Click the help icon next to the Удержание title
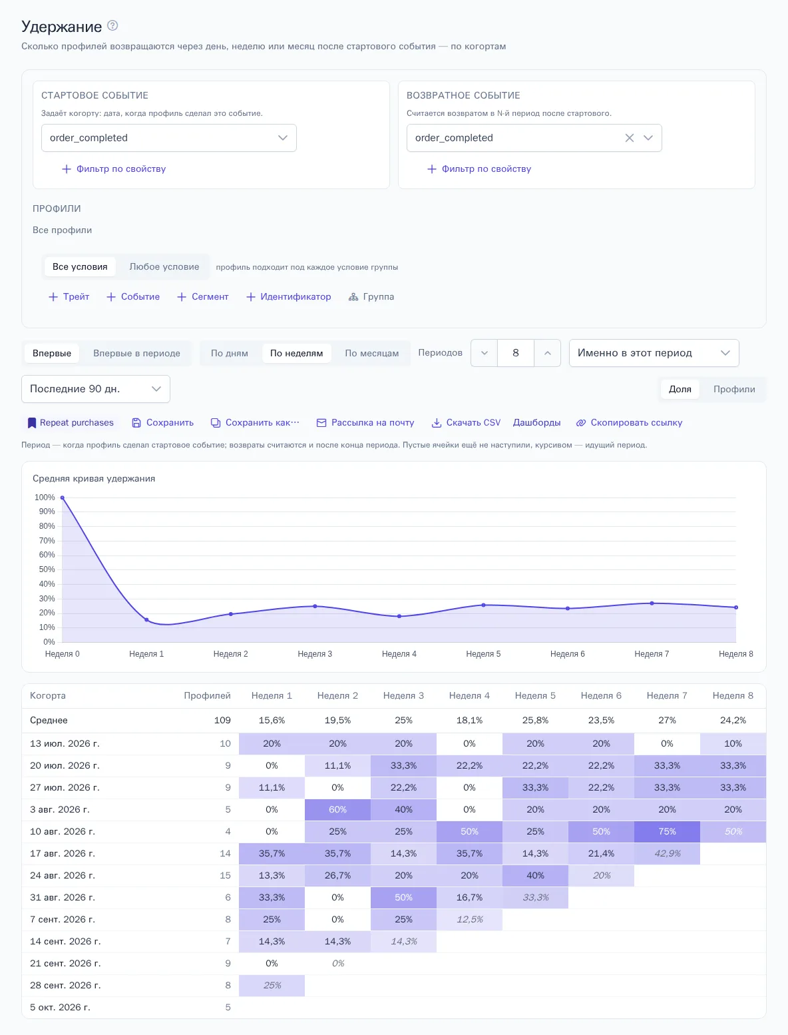(112, 25)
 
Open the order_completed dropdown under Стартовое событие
(168, 138)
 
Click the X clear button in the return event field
(630, 138)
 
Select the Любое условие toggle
(164, 267)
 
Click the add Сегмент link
(202, 296)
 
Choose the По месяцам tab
(371, 353)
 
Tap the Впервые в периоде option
(136, 353)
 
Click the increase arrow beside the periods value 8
(547, 353)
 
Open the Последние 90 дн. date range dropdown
(96, 389)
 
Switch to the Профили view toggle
(734, 389)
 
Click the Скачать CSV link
(466, 422)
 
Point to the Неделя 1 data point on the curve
(146, 619)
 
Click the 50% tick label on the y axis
(47, 569)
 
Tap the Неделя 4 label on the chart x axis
(399, 653)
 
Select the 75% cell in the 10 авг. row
(667, 831)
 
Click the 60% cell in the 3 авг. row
(337, 810)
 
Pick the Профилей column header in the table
(207, 695)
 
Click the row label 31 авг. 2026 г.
(63, 897)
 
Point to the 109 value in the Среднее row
(222, 720)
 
